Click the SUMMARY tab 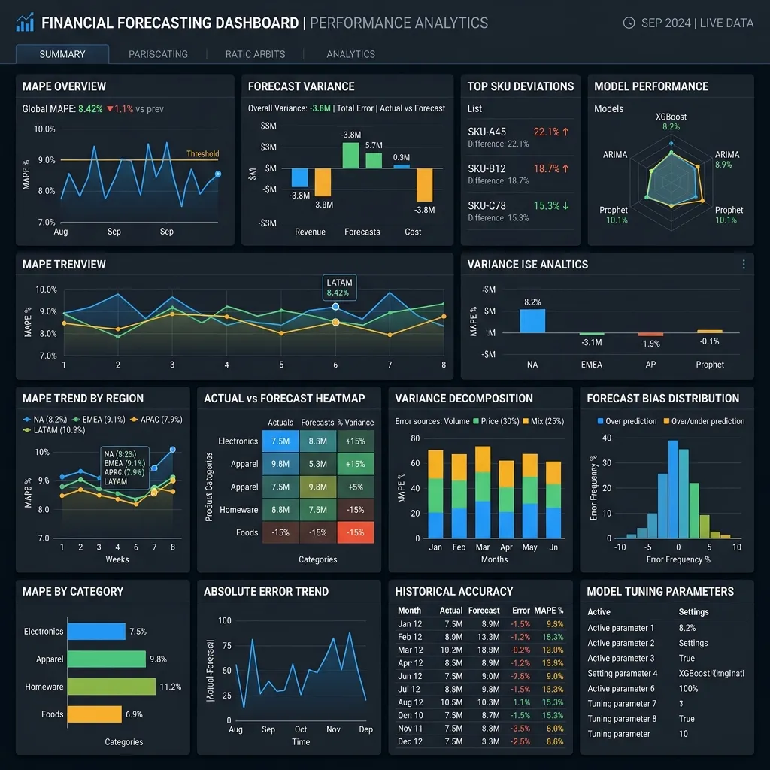click(x=62, y=54)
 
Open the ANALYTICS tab click(x=350, y=54)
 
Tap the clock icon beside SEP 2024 click(x=629, y=23)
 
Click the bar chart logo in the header click(x=25, y=23)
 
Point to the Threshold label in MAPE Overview click(x=202, y=154)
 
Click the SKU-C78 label click(x=487, y=205)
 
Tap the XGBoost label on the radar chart click(x=671, y=117)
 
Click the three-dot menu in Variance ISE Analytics click(x=743, y=265)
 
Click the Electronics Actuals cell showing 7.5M click(x=280, y=441)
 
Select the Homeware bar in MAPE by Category click(x=111, y=687)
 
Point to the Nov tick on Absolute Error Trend click(x=333, y=729)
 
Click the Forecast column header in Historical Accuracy click(x=484, y=611)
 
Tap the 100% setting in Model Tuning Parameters click(x=688, y=688)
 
